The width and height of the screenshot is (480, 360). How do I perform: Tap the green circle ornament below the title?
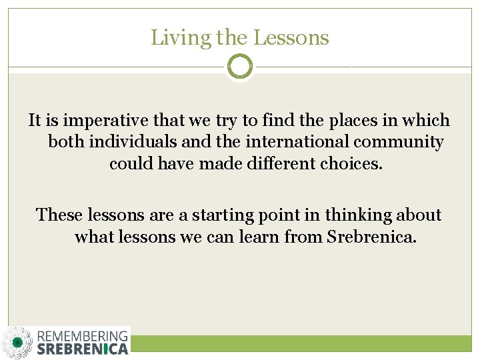tap(240, 67)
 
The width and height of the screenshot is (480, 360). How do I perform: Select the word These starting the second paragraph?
tap(61, 215)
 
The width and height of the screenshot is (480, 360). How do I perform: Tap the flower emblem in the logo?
tap(17, 343)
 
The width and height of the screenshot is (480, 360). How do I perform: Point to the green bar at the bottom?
tap(300, 343)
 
